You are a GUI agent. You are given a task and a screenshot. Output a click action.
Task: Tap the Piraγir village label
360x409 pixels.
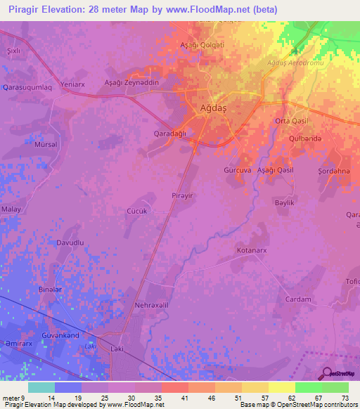point(181,195)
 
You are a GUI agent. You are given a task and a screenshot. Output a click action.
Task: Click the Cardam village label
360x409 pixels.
point(298,299)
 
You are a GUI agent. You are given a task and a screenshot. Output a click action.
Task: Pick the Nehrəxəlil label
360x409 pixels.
point(151,306)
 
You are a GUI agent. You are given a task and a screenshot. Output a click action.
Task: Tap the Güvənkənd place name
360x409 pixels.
point(61,336)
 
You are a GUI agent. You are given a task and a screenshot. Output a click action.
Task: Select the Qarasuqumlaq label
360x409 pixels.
point(27,88)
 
